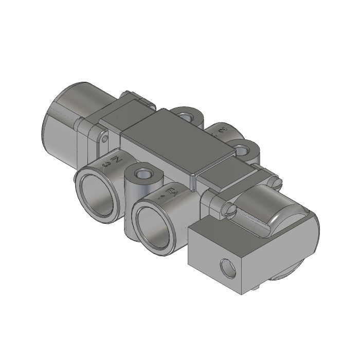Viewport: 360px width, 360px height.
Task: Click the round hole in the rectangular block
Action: [226, 266]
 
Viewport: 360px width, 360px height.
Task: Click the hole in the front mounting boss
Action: [142, 172]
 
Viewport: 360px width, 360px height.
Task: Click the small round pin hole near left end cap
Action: [105, 138]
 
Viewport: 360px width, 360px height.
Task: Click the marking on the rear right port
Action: [222, 131]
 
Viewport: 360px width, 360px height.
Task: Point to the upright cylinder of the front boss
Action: [135, 190]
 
